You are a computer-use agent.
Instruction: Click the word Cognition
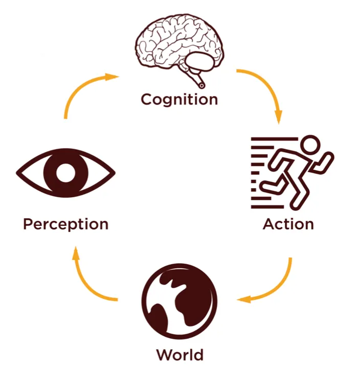(x=179, y=99)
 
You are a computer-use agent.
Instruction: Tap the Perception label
(x=65, y=224)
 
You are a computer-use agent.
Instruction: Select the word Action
(x=288, y=224)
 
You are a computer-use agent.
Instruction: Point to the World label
(x=179, y=354)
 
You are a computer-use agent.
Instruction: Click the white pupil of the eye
(x=65, y=173)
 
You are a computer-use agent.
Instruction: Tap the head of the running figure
(x=309, y=146)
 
